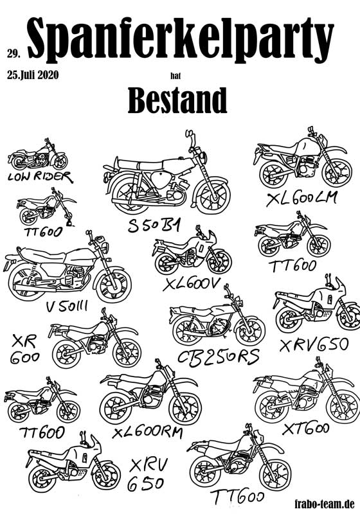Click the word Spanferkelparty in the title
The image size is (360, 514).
click(x=181, y=38)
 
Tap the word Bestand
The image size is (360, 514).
click(x=177, y=100)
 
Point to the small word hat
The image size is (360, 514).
click(x=175, y=76)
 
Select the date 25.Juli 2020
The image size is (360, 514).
click(x=33, y=75)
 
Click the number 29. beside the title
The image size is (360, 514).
click(x=14, y=54)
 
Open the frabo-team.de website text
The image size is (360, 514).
click(x=325, y=503)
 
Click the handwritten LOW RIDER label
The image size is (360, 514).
click(x=40, y=177)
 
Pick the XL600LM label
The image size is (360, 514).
click(x=301, y=198)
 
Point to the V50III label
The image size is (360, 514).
click(x=67, y=306)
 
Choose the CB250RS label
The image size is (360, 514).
click(x=219, y=357)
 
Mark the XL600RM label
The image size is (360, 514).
click(x=147, y=432)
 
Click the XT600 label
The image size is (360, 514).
click(x=306, y=429)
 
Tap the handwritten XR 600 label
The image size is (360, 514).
click(x=24, y=350)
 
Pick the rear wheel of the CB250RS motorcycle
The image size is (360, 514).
click(x=188, y=330)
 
